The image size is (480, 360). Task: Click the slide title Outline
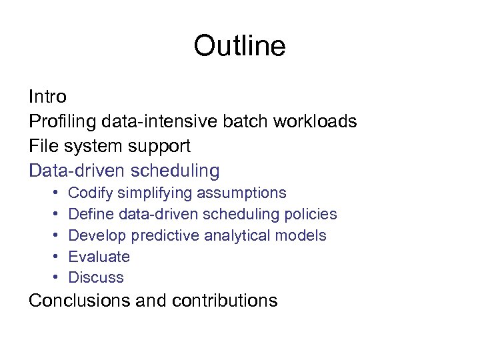pyautogui.click(x=239, y=46)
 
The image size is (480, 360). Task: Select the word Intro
pyautogui.click(x=47, y=97)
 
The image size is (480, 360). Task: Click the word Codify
pyautogui.click(x=91, y=193)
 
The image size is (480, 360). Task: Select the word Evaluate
pyautogui.click(x=99, y=257)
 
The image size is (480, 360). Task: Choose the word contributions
pyautogui.click(x=224, y=301)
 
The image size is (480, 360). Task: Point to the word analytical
pyautogui.click(x=244, y=236)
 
